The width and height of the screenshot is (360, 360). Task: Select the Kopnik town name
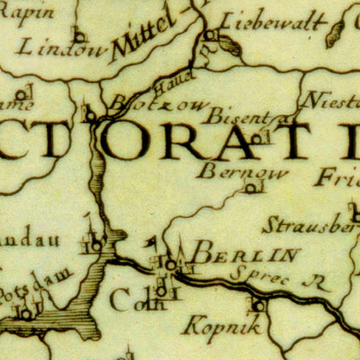[222, 325]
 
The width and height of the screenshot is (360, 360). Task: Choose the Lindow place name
[61, 48]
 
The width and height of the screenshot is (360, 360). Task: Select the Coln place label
[130, 301]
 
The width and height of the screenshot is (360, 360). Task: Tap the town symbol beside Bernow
[251, 188]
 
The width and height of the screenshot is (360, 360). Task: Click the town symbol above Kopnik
[258, 305]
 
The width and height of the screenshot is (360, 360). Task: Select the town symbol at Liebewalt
[209, 35]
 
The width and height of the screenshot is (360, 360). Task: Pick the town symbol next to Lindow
[79, 36]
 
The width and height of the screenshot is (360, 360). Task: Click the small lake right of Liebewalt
[334, 35]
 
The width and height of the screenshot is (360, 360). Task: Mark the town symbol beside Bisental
[256, 136]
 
